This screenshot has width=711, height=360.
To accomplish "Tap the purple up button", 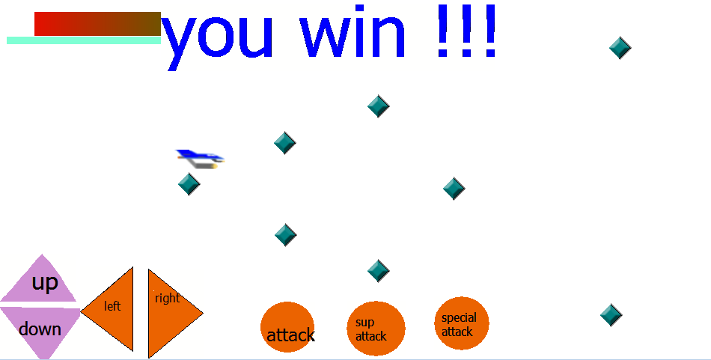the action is click(41, 281).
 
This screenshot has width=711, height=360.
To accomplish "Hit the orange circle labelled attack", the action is click(287, 327).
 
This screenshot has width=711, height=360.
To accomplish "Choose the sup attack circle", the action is click(376, 329).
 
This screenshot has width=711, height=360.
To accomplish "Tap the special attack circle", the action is click(462, 323).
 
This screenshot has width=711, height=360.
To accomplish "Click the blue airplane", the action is click(201, 159).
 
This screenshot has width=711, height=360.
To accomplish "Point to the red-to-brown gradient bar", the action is click(97, 24).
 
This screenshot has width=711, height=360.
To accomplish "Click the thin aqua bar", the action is click(84, 40).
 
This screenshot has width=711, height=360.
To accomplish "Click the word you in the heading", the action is click(217, 38).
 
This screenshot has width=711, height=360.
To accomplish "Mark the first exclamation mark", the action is click(443, 31).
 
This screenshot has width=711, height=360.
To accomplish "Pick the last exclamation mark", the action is click(490, 31).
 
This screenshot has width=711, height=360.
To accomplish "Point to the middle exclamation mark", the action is click(466, 31).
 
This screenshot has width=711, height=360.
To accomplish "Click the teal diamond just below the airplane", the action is click(189, 184).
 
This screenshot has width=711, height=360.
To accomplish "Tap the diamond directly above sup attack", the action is click(378, 271).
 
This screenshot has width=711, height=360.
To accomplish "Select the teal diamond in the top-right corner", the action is click(620, 48).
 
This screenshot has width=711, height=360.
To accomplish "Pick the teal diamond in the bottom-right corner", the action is click(611, 314).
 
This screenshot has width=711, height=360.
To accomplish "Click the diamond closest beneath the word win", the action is click(378, 106).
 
